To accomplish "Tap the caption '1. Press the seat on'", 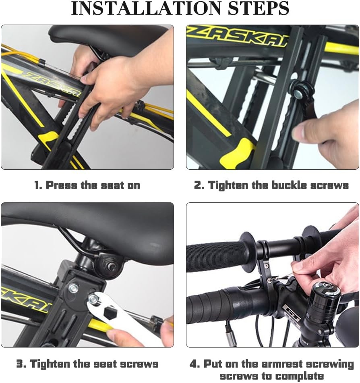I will [x=87, y=185].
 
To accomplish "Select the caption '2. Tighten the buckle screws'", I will [x=271, y=185].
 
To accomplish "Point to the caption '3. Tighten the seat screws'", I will [x=87, y=364].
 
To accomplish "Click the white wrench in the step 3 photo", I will [x=121, y=318].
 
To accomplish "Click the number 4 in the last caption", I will [x=195, y=364].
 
